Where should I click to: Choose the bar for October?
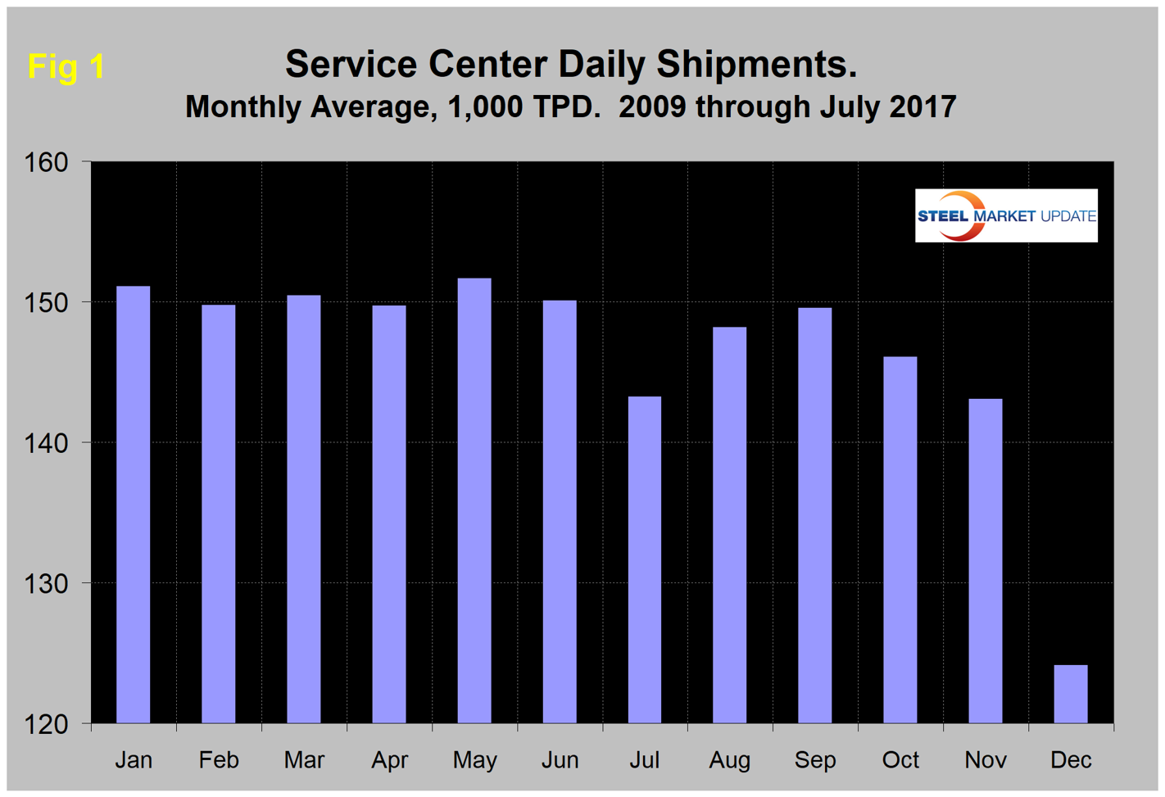[900, 540]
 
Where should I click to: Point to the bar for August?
[729, 525]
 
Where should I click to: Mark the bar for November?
[985, 561]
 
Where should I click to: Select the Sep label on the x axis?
[814, 760]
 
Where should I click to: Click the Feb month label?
[219, 760]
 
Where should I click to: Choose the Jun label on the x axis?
[560, 760]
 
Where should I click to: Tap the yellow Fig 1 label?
[66, 66]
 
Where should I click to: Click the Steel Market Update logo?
[1006, 215]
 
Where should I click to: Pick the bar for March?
[304, 509]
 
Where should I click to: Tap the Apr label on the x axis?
[389, 760]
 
